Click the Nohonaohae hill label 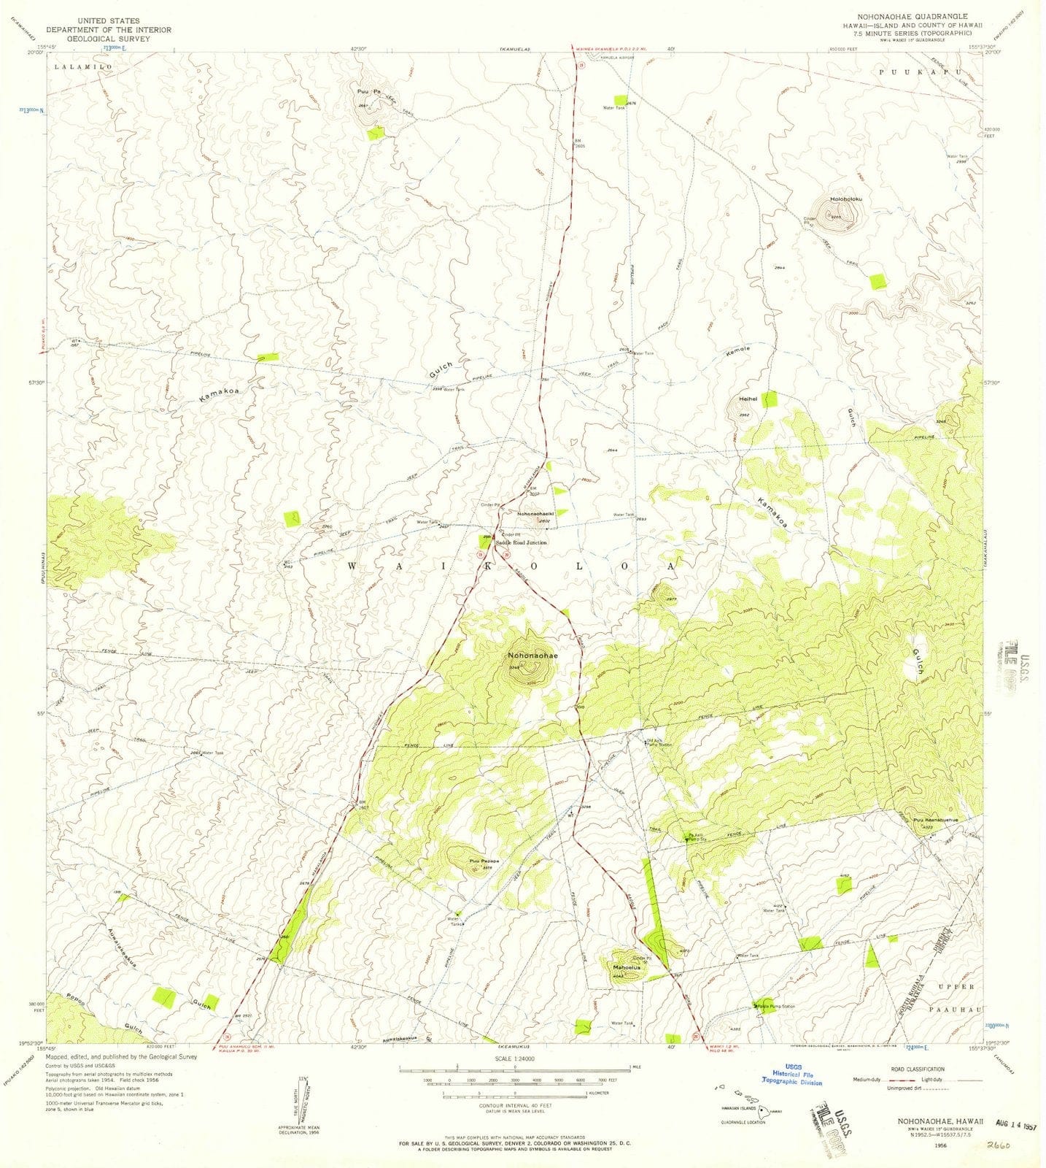[532, 656]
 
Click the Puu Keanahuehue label [940, 820]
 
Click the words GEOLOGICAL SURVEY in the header [108, 39]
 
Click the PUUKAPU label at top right [913, 72]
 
